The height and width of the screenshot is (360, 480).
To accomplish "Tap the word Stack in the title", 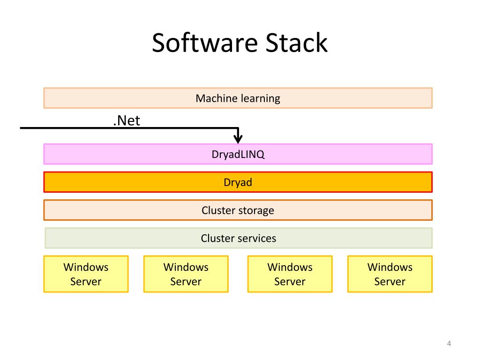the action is pyautogui.click(x=296, y=43).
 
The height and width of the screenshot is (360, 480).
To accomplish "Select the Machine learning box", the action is pyautogui.click(x=238, y=98).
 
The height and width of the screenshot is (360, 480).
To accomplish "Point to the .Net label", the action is pyautogui.click(x=127, y=120).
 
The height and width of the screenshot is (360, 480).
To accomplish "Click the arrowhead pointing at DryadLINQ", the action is pyautogui.click(x=238, y=139).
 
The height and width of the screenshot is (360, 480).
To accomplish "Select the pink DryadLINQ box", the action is pyautogui.click(x=238, y=154).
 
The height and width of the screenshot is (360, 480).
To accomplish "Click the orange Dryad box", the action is pyautogui.click(x=238, y=182).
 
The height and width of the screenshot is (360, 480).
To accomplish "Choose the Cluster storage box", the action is pyautogui.click(x=238, y=210).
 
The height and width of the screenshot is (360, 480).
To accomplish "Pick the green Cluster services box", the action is pyautogui.click(x=239, y=238).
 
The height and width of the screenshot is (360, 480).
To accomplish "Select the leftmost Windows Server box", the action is pyautogui.click(x=86, y=274).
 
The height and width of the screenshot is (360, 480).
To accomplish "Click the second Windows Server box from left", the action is pyautogui.click(x=186, y=274).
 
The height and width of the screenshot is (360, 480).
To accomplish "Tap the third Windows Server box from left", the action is pyautogui.click(x=290, y=274).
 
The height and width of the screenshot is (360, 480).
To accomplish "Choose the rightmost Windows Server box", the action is pyautogui.click(x=390, y=274).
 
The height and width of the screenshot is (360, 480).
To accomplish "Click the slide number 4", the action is pyautogui.click(x=449, y=344).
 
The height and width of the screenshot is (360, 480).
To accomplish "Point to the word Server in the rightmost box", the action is pyautogui.click(x=390, y=281).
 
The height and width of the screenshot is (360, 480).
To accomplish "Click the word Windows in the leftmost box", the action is pyautogui.click(x=86, y=267).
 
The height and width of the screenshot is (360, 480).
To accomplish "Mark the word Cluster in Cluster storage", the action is pyautogui.click(x=218, y=210).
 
